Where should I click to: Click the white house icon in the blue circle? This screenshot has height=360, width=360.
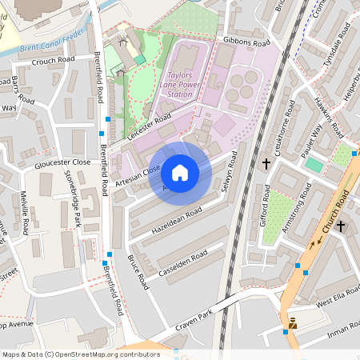click(180, 172)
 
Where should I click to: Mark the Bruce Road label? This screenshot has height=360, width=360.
click(138, 272)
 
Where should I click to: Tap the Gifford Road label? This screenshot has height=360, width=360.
click(266, 206)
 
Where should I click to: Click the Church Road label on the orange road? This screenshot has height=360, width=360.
click(334, 213)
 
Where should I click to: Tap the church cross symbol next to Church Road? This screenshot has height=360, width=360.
click(341, 226)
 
